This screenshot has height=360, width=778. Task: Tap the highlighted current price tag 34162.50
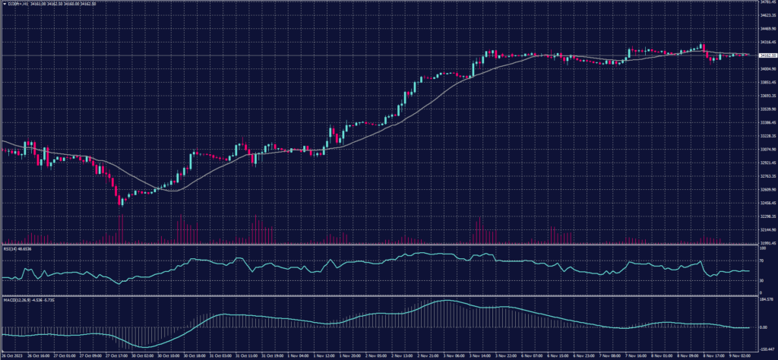click(x=765, y=55)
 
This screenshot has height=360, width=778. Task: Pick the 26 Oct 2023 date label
click(x=12, y=354)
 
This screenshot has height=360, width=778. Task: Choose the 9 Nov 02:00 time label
click(x=739, y=354)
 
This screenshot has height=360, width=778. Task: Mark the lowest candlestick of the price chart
click(x=120, y=201)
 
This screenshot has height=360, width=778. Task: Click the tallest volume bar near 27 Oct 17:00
click(x=120, y=229)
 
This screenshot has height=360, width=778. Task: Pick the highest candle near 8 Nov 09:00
click(x=702, y=47)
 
